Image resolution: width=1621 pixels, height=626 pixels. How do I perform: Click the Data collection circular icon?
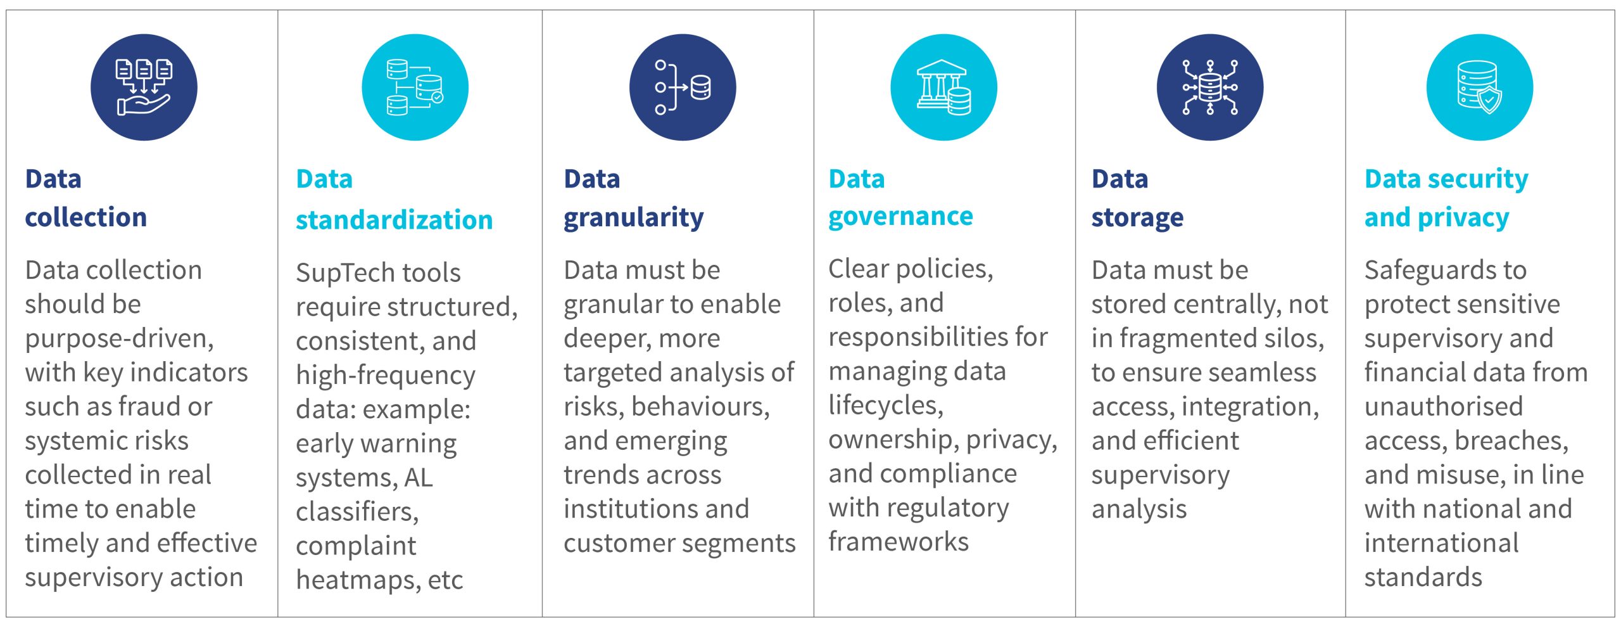[144, 87]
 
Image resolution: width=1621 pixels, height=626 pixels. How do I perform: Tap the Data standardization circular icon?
[415, 87]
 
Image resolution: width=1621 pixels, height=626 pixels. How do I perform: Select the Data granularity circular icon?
[683, 87]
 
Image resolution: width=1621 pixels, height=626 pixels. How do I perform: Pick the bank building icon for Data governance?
[943, 87]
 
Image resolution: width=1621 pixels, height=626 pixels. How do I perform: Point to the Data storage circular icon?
[1210, 87]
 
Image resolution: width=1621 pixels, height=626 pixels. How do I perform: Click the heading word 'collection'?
[86, 217]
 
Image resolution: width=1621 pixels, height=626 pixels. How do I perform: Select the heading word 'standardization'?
[394, 220]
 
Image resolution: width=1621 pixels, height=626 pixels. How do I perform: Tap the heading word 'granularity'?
[634, 219]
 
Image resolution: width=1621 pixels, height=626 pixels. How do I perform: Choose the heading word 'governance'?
[900, 217]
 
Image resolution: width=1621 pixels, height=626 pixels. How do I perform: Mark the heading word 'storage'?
[1137, 219]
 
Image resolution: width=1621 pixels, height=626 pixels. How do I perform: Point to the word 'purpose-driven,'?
[120, 339]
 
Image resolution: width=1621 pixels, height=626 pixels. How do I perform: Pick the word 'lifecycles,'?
[886, 406]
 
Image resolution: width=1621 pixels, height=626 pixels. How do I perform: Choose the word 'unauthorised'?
[1444, 407]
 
